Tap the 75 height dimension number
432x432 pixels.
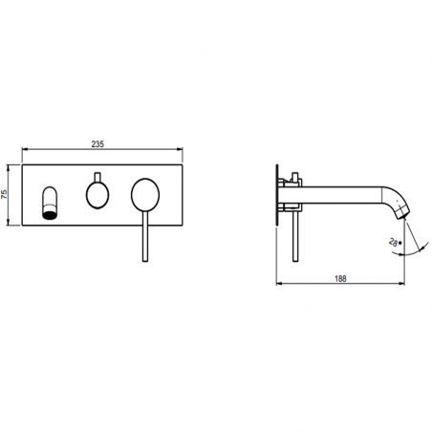pyautogui.click(x=6, y=193)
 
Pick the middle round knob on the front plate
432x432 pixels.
pyautogui.click(x=97, y=196)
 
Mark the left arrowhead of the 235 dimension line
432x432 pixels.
pyautogui.click(x=23, y=150)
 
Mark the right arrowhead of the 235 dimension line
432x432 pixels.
pyautogui.click(x=181, y=150)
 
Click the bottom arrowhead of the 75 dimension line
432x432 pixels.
pyautogui.click(x=12, y=224)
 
